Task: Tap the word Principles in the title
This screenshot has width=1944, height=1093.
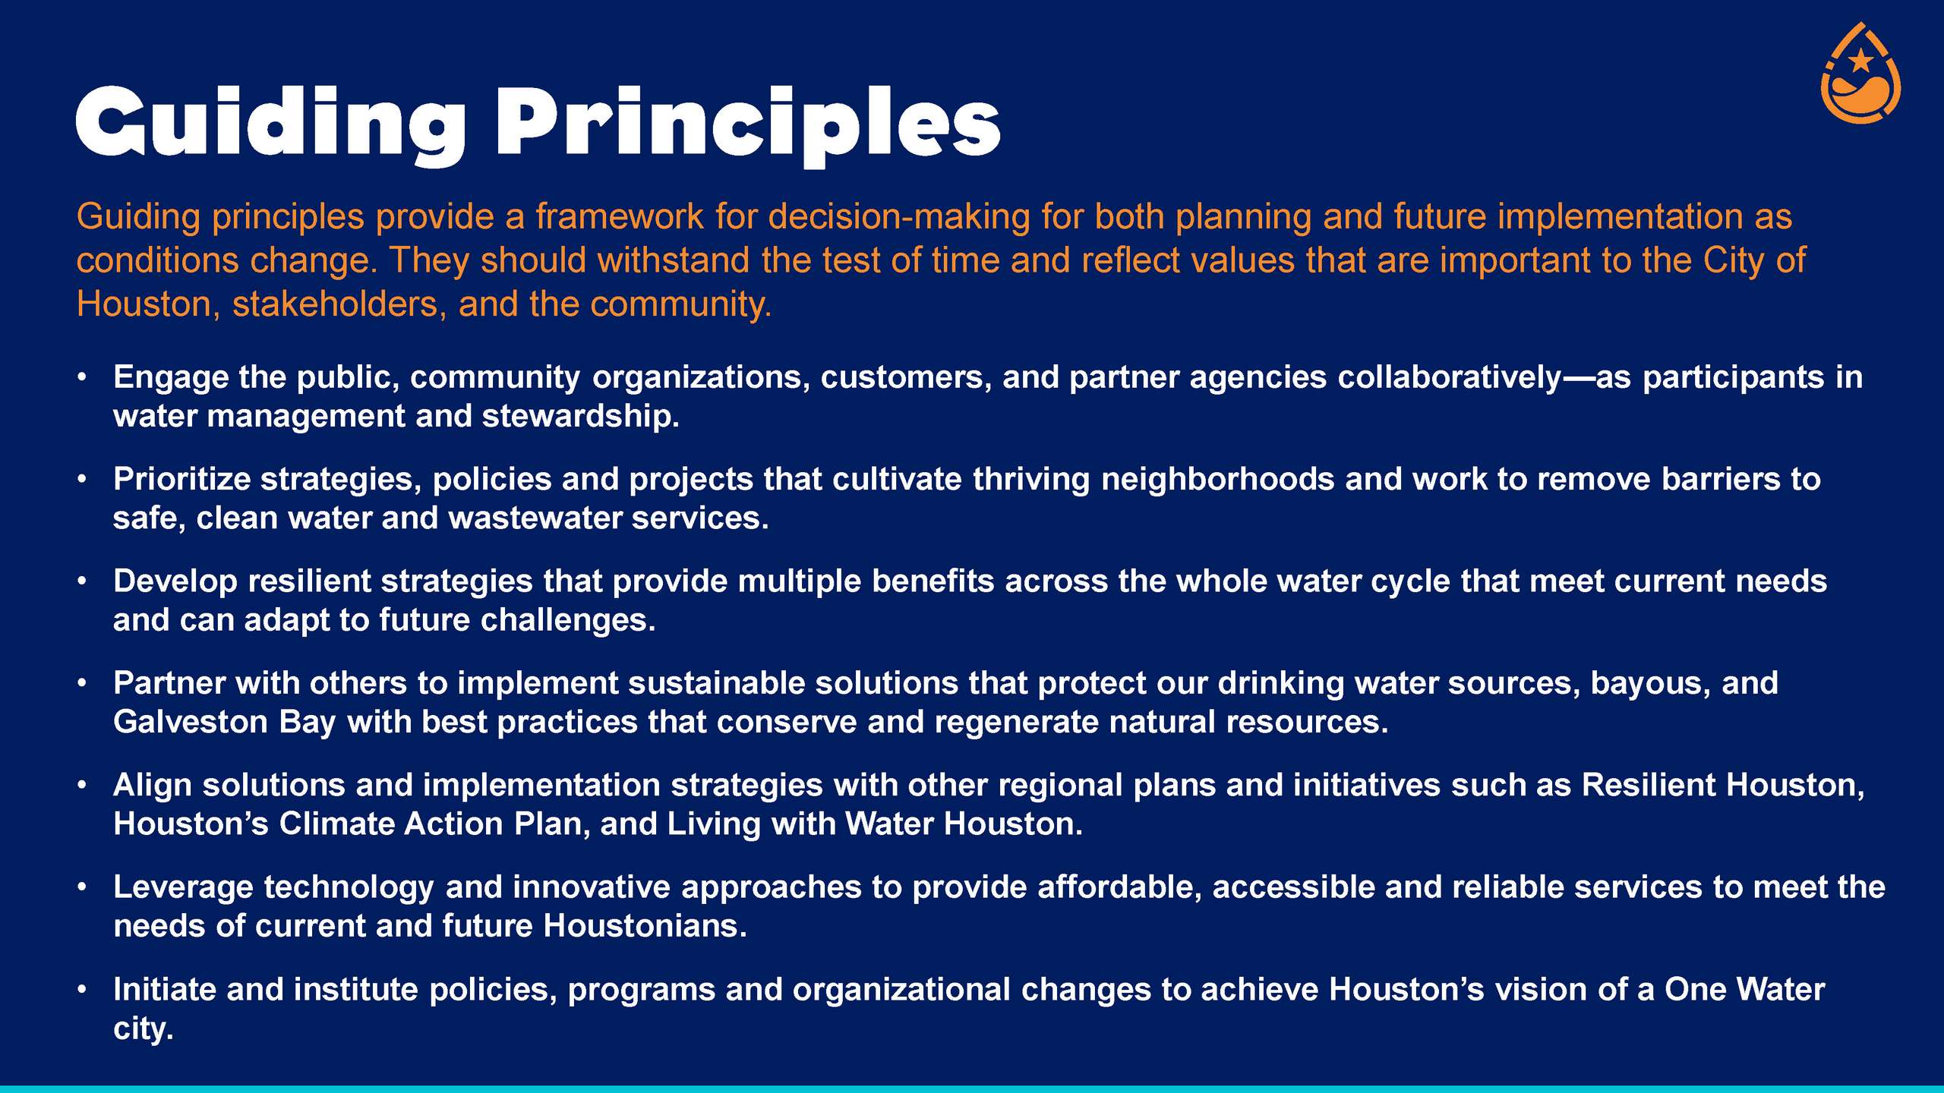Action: pos(749,126)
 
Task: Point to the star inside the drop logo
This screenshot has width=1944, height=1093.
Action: pos(1861,59)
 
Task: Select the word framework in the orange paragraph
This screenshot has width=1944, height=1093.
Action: pos(620,217)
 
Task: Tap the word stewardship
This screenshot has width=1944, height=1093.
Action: pos(580,417)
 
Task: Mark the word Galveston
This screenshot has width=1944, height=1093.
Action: pos(191,722)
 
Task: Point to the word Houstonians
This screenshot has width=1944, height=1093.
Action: pos(645,926)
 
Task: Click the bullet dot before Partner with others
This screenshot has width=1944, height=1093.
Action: pos(81,684)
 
